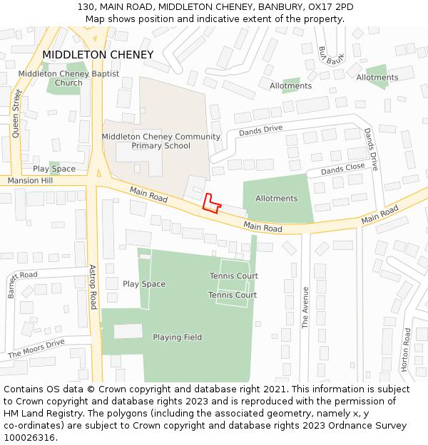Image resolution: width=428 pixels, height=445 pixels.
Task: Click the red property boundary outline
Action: click(211, 204)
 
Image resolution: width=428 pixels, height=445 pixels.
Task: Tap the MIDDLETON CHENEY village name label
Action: click(98, 55)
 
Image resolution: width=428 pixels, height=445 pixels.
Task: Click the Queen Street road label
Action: click(16, 112)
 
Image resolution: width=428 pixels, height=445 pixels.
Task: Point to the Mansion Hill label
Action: click(31, 181)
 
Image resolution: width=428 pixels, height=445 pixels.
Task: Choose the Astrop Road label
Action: click(93, 287)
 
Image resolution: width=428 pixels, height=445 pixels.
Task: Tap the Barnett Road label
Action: click(11, 284)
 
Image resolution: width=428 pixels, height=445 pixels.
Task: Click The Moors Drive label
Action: click(36, 348)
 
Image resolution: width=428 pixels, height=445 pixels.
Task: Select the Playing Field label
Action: click(177, 337)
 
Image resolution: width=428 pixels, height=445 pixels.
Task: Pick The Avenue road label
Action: click(305, 307)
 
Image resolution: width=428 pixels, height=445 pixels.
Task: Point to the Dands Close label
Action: click(342, 169)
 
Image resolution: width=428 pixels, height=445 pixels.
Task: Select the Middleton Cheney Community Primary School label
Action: click(160, 141)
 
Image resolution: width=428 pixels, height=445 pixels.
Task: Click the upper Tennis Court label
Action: click(233, 276)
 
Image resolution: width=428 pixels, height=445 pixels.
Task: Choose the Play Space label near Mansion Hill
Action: click(54, 169)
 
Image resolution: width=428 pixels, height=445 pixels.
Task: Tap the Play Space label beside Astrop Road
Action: click(143, 284)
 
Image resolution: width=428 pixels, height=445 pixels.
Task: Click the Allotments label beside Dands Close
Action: click(276, 199)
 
